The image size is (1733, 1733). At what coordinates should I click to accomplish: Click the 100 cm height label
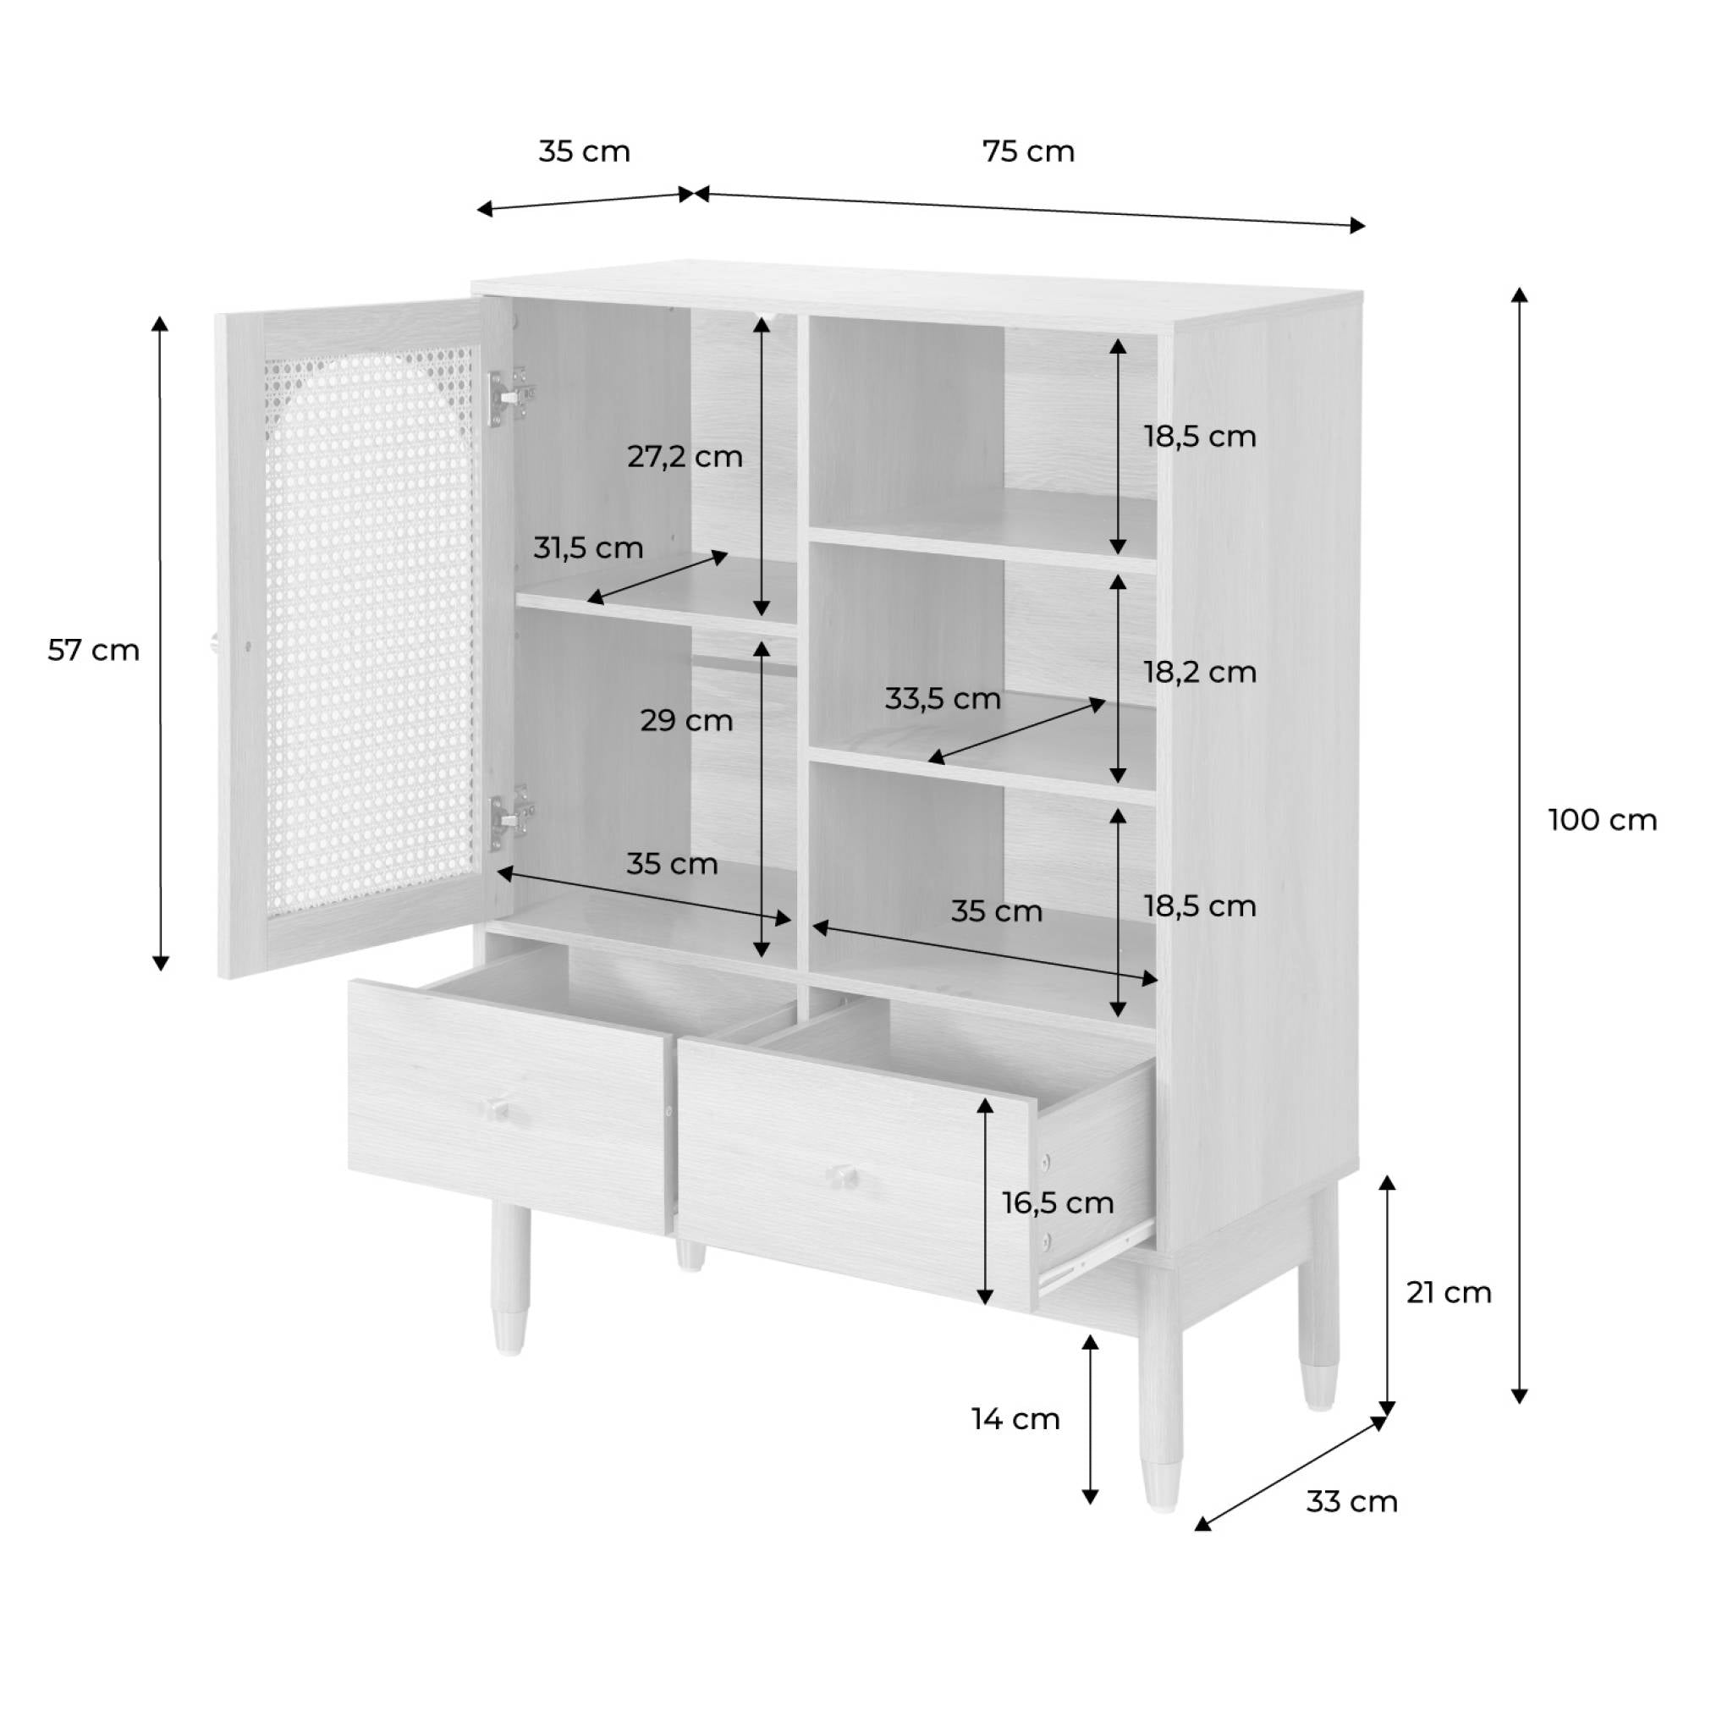click(x=1602, y=820)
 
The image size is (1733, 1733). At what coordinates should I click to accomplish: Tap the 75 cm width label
click(x=1028, y=151)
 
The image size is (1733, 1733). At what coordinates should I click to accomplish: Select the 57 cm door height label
click(x=93, y=649)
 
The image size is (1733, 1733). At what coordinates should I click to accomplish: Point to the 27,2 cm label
click(x=685, y=457)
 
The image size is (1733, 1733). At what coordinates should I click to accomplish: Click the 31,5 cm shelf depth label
click(x=587, y=547)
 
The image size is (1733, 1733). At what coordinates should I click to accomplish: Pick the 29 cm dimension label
click(x=686, y=720)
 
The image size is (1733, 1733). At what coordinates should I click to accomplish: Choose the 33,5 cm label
click(x=942, y=699)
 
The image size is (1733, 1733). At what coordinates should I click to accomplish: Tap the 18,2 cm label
click(x=1199, y=672)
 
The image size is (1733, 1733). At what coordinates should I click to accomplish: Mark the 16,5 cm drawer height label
click(x=1058, y=1203)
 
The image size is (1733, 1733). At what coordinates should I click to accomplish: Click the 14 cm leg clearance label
click(x=1015, y=1419)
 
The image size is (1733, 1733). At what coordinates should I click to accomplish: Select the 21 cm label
click(x=1449, y=1293)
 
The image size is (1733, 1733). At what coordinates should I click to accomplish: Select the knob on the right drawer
click(x=842, y=1175)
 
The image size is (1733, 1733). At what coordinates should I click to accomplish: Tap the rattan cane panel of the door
click(x=368, y=628)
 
